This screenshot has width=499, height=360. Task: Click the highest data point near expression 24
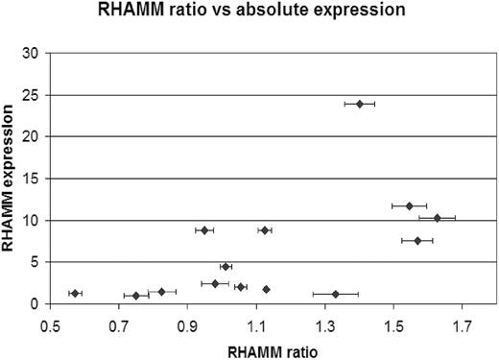point(360,104)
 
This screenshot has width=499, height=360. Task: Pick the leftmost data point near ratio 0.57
point(75,293)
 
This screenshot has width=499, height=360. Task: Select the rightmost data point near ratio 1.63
point(437,218)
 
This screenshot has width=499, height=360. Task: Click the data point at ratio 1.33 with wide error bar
point(335,294)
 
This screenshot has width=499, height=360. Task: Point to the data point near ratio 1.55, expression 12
point(409,205)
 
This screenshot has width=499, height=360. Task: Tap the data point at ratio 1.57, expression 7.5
point(417,240)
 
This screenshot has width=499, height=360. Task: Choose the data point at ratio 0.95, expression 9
point(203,230)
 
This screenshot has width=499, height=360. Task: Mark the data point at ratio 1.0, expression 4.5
point(226,266)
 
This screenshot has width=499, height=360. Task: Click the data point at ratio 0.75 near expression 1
point(136,296)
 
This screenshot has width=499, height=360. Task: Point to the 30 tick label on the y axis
point(30,54)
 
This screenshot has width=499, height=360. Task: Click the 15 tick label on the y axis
point(30,179)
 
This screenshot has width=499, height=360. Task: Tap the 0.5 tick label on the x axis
point(50,325)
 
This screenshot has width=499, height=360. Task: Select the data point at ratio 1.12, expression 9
point(265,230)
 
